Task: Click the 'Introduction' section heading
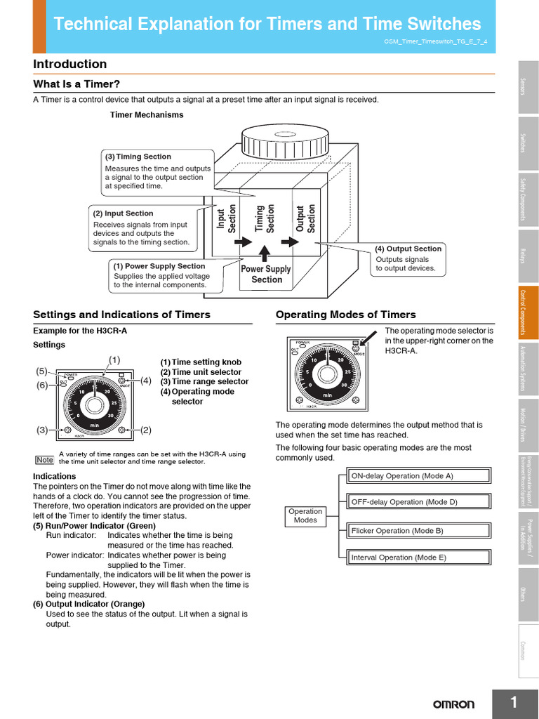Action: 70,65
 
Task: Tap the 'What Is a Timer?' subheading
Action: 72,84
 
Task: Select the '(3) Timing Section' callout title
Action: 138,157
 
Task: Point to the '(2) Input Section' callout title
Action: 124,213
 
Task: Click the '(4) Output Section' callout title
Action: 408,249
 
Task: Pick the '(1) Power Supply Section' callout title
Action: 159,266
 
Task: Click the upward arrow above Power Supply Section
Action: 264,252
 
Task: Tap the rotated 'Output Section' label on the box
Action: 306,218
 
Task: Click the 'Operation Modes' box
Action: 305,516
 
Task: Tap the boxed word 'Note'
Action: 44,460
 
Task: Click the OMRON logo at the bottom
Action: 453,704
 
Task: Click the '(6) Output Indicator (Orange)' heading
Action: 89,604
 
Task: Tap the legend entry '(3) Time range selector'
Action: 204,382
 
